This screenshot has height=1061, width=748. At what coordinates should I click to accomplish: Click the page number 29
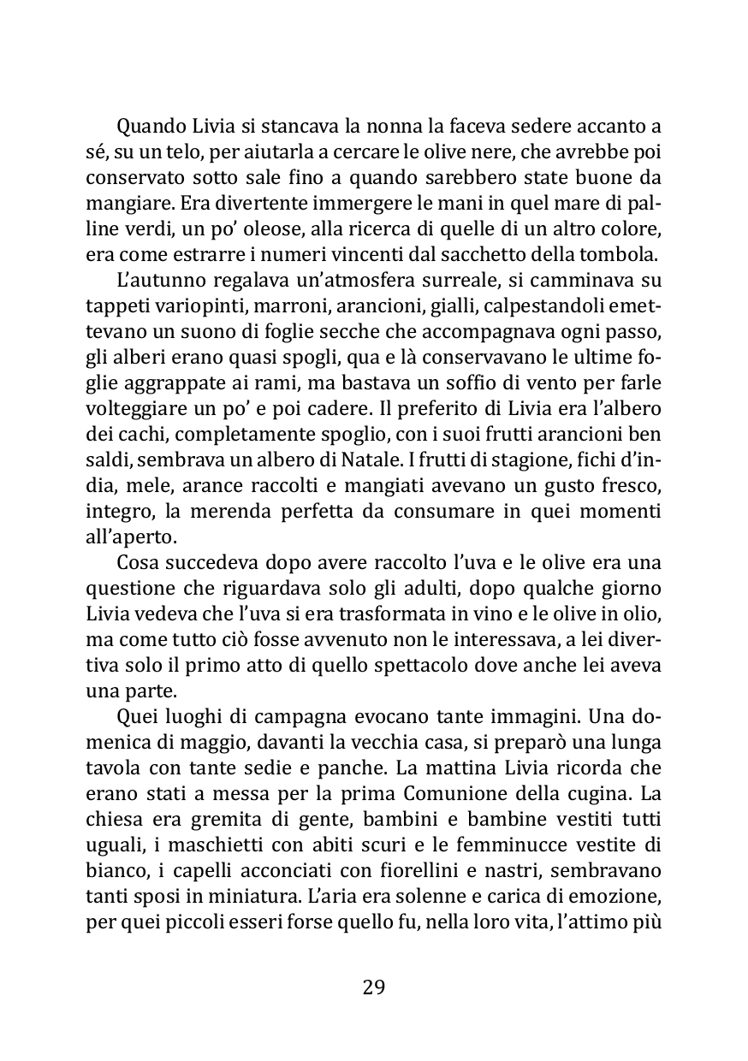click(374, 987)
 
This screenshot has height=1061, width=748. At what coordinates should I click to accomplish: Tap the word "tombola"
click(626, 253)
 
